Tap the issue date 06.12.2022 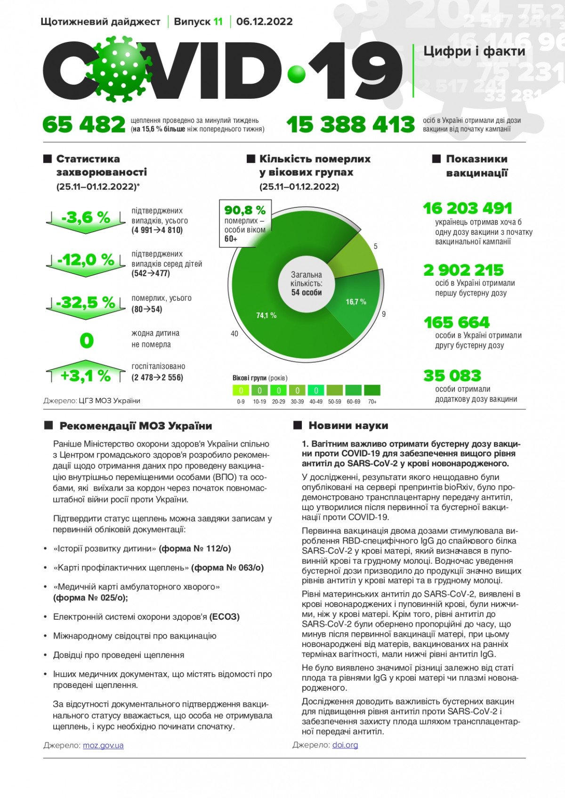[264, 22]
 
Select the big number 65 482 [84, 125]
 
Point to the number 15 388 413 [350, 125]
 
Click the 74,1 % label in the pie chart [266, 315]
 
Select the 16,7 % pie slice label [356, 302]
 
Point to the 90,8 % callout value [245, 210]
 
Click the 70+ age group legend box [372, 391]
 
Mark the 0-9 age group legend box [241, 391]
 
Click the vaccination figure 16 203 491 [467, 208]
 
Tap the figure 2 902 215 [463, 270]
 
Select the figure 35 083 [452, 375]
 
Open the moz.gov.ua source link [103, 745]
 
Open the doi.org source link [345, 745]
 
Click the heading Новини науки [348, 426]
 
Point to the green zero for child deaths [87, 340]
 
